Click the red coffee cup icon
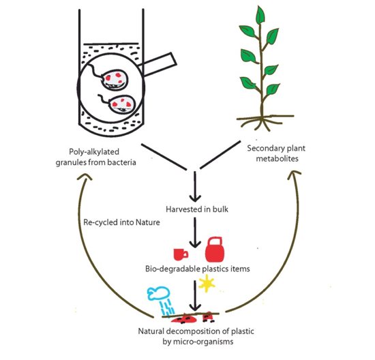pos(180,254)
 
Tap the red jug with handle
pos(215,250)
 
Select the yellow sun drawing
pos(207,284)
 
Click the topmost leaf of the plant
pos(260,15)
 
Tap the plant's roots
pos(265,122)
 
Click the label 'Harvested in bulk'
pos(197,209)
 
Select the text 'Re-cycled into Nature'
pos(121,222)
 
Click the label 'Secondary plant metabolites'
pos(276,153)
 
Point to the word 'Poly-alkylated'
pos(94,151)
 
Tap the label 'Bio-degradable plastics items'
pos(198,269)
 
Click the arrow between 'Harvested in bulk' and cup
pos(195,232)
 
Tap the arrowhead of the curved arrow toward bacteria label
pos(85,177)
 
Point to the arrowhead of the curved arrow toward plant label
pos(295,175)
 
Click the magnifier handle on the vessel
pos(158,64)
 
